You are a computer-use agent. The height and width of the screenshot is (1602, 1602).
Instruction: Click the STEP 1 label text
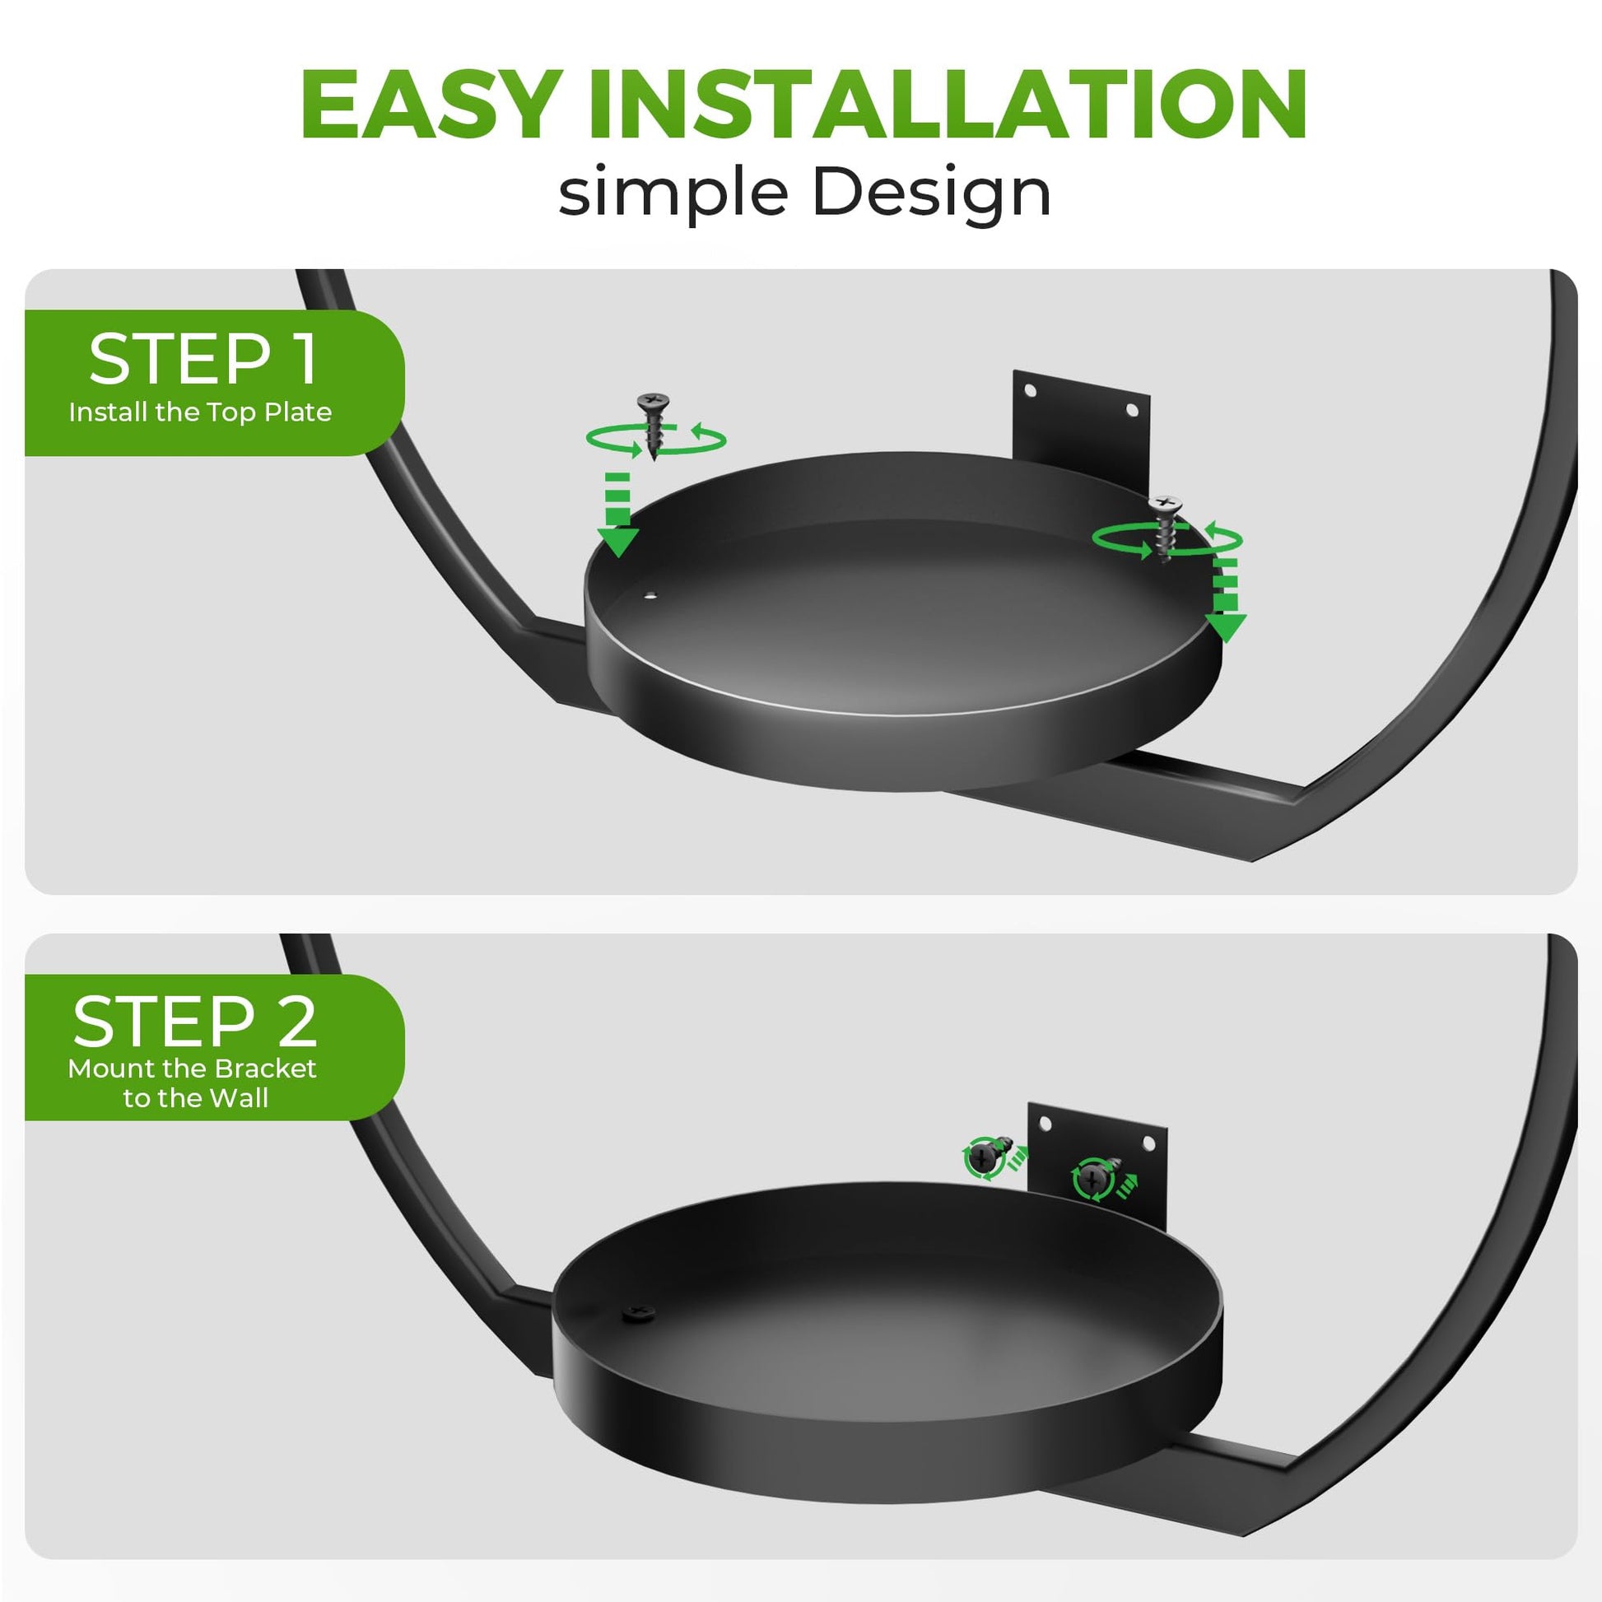[203, 359]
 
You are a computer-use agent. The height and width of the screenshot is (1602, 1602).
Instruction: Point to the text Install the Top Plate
[200, 412]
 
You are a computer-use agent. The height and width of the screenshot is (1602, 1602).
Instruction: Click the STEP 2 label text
[196, 1022]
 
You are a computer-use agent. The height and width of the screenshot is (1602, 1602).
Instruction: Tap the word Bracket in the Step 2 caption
[264, 1069]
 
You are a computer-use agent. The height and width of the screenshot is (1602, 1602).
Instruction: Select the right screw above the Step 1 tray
[1166, 528]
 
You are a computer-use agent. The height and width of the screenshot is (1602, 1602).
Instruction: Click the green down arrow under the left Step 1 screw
[617, 514]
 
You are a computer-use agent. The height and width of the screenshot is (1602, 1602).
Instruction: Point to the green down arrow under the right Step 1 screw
[1225, 599]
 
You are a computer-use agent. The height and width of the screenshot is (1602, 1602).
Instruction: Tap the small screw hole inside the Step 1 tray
[650, 594]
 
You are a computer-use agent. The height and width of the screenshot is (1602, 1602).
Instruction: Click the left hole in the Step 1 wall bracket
[1030, 389]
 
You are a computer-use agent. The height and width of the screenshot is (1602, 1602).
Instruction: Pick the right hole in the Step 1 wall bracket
[1131, 410]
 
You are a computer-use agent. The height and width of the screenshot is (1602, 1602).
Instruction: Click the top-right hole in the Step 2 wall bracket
[1148, 1144]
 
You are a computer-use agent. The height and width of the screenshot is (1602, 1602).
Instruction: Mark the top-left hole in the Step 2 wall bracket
[1045, 1124]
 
